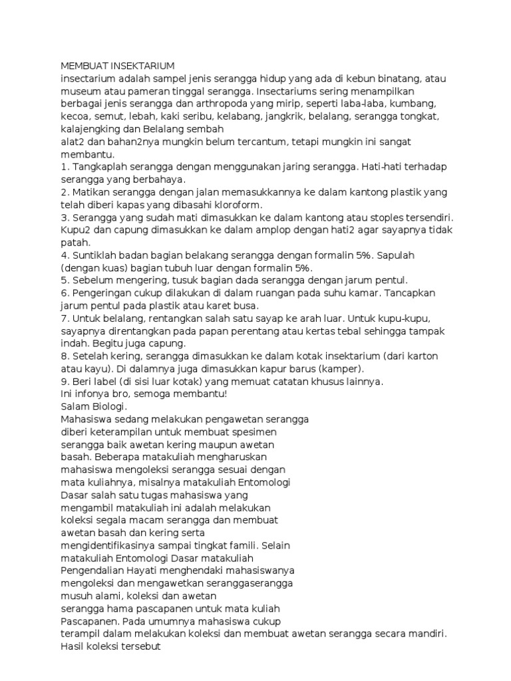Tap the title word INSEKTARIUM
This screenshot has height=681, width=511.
143,66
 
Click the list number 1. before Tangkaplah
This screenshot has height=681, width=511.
65,167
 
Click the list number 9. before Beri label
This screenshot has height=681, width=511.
65,382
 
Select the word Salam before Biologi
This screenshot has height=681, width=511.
74,407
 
